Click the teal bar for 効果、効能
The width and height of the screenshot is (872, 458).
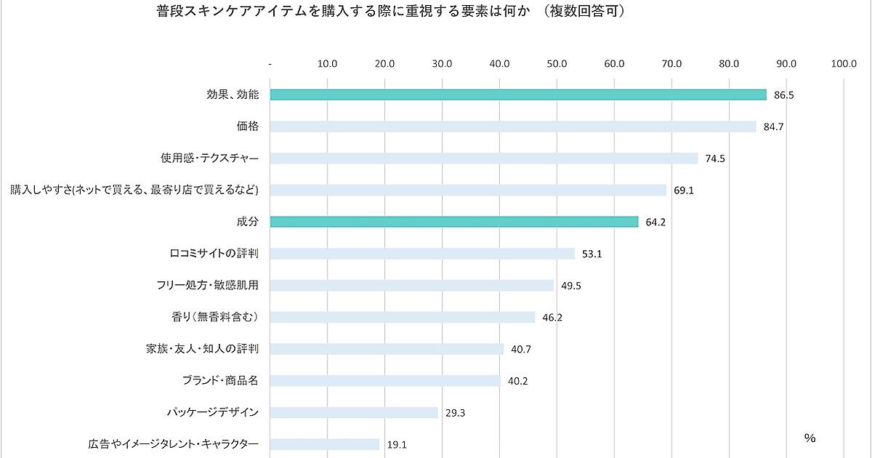[518, 95]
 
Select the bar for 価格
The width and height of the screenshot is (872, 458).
[513, 126]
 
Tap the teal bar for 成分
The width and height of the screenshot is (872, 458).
[454, 222]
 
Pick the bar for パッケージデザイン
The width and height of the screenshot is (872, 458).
[354, 412]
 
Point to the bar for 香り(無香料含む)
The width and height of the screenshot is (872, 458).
[403, 317]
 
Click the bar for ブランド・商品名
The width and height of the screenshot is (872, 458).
[385, 380]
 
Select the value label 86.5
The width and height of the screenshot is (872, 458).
[784, 95]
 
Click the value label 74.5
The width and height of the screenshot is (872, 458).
[715, 158]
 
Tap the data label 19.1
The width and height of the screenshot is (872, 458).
[397, 445]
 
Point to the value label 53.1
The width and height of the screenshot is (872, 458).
[592, 254]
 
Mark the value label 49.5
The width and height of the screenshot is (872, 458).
[571, 286]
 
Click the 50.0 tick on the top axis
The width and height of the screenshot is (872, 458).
[557, 64]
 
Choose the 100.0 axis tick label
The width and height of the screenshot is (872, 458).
[844, 64]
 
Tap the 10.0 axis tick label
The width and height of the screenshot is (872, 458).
[328, 64]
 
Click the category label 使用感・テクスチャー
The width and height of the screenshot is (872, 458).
[210, 158]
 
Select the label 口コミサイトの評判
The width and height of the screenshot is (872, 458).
[214, 253]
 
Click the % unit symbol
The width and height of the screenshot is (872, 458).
[810, 438]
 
